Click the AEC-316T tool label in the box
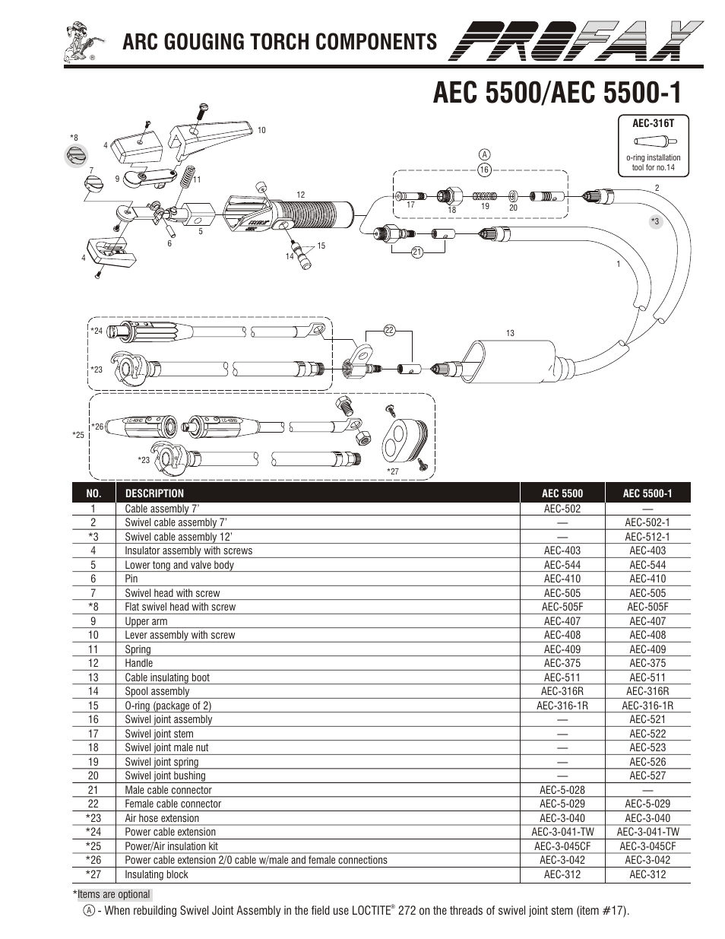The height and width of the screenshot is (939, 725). [x=653, y=122]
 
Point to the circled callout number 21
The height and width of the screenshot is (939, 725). [x=416, y=252]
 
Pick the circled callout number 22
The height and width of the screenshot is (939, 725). [x=389, y=330]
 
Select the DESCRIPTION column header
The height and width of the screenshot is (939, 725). [x=154, y=493]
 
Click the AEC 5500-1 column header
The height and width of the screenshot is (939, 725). [x=647, y=493]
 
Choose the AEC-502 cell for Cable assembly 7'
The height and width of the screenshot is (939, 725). [x=562, y=509]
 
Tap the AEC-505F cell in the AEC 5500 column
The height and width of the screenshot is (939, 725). [x=562, y=607]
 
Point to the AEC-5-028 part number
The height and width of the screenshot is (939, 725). [x=562, y=790]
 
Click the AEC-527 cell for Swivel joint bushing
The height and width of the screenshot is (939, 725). [x=647, y=776]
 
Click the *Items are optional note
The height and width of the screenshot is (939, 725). [x=112, y=894]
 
